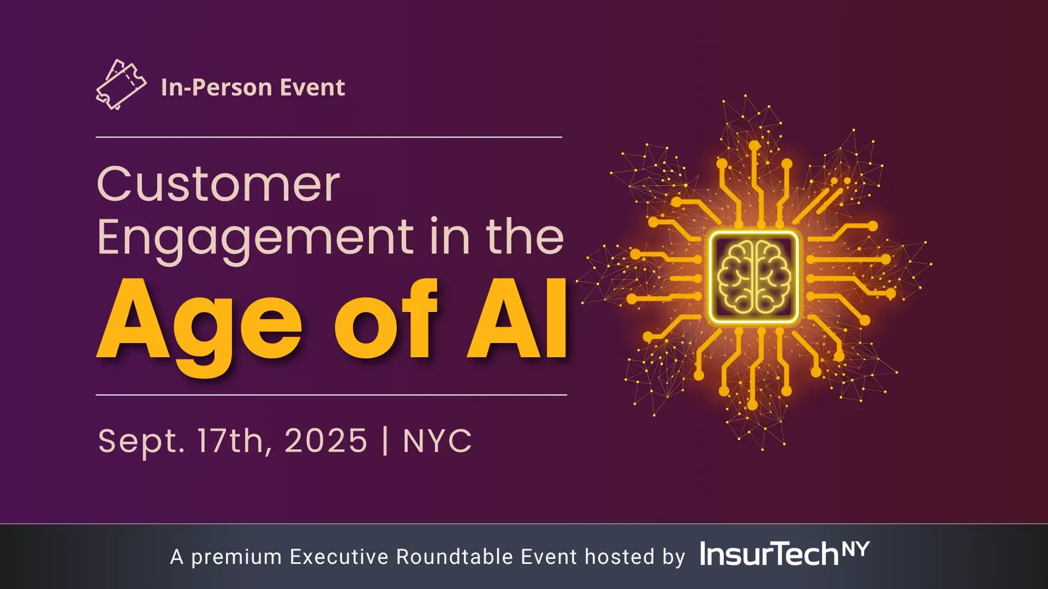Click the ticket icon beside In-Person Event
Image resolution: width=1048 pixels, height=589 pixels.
pos(121,85)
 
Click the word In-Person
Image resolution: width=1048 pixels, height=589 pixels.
pos(209,87)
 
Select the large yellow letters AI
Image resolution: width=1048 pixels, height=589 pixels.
pos(517,320)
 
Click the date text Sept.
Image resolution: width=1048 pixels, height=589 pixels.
pos(141,441)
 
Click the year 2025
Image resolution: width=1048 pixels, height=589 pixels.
pos(326,440)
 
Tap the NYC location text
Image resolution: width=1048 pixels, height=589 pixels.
pos(437,441)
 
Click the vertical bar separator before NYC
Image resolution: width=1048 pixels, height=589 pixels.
pos(385,441)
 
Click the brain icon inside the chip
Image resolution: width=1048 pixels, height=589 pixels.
pos(754,277)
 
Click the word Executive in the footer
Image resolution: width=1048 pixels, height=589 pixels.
pos(340,557)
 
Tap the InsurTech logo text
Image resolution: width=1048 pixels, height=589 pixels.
pos(769,554)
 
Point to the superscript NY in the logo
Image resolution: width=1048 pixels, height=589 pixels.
pos(855,549)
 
